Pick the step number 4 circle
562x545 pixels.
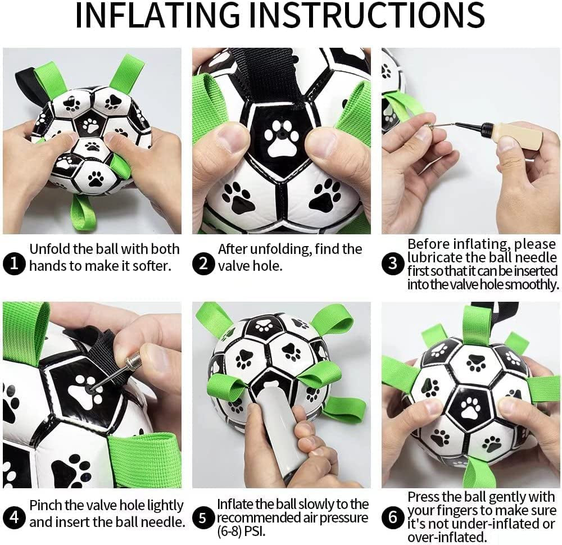tap(14, 517)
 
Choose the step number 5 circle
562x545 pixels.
tap(203, 517)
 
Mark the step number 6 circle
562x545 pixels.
tap(393, 517)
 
